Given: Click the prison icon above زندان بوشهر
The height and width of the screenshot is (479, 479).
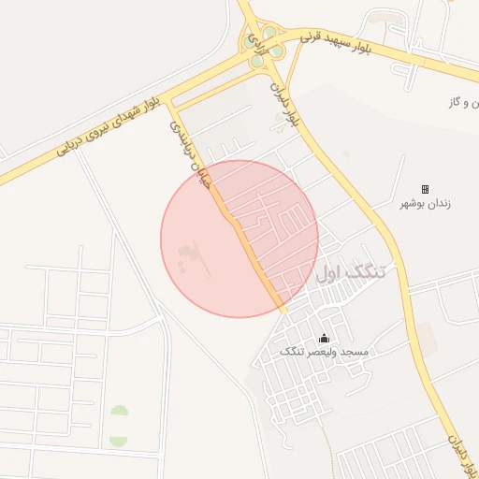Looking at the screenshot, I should coord(425,189).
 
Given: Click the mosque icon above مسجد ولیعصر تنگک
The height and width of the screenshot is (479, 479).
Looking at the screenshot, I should coord(324,338).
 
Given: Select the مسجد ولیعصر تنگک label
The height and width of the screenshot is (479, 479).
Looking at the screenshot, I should coord(324,352).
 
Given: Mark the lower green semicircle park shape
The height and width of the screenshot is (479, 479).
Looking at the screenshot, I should coord(119,440).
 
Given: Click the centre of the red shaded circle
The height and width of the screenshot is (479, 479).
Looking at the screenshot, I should coord(239,239).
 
